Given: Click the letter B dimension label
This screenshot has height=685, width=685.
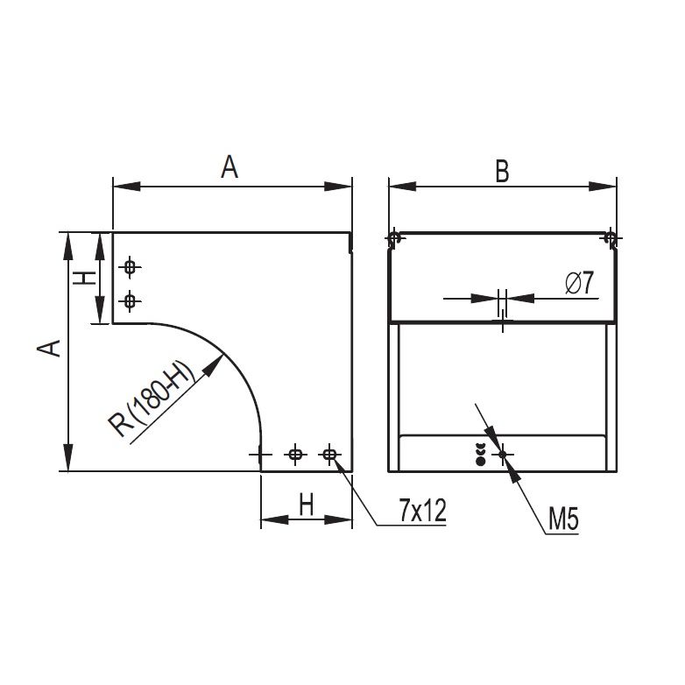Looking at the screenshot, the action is tap(503, 172).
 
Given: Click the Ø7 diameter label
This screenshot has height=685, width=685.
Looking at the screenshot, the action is tap(580, 283).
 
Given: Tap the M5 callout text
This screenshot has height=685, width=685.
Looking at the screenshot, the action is tap(563, 519).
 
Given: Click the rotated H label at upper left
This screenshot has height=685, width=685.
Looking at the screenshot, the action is tap(84, 278).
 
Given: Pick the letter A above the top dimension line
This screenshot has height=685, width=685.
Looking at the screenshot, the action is tap(230, 166).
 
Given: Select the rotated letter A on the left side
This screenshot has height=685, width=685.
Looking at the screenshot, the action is tap(49, 348).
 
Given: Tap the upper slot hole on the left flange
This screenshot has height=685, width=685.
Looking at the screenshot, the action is tap(130, 266).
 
